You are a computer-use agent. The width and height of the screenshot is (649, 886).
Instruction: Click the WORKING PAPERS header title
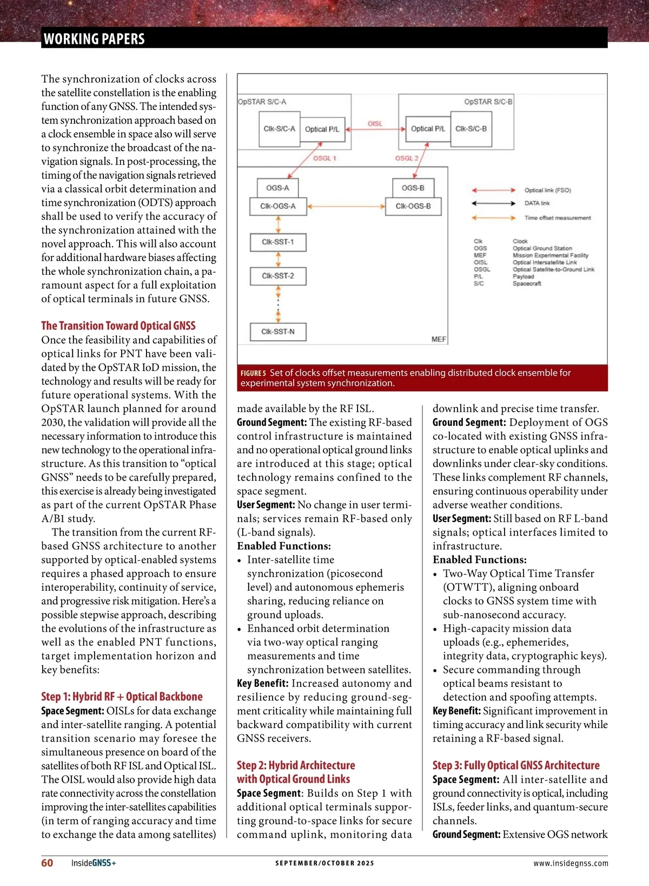tap(94, 39)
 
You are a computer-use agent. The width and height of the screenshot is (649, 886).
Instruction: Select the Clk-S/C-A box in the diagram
tap(279, 129)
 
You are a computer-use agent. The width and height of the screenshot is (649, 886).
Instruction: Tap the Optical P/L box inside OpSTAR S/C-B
tap(428, 129)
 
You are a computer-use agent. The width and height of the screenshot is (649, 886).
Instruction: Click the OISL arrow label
tap(375, 124)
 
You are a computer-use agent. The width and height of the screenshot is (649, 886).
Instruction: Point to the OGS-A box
tap(277, 188)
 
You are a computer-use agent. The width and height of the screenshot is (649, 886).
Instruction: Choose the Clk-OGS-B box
tap(413, 206)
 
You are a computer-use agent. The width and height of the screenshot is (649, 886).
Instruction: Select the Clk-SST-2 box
tap(278, 276)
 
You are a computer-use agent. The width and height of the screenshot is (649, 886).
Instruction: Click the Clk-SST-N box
tap(278, 332)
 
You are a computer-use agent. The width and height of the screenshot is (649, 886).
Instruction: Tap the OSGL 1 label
tap(325, 158)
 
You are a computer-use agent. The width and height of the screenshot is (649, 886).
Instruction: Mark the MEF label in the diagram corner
tap(439, 339)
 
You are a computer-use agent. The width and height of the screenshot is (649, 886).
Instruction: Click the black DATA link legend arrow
tap(493, 203)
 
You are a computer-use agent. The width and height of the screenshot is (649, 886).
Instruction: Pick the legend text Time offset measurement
tap(558, 218)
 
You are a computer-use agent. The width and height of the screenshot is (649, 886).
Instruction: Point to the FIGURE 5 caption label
tap(253, 373)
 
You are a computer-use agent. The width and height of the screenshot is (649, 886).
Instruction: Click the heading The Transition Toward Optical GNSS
tap(118, 326)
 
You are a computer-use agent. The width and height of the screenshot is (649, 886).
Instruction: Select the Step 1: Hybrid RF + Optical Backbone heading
tap(122, 697)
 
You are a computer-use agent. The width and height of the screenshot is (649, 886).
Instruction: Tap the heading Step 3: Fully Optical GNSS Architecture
tap(516, 765)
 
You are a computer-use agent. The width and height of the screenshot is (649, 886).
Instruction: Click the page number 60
tap(47, 863)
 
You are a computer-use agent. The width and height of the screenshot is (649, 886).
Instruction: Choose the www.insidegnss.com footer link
tap(571, 863)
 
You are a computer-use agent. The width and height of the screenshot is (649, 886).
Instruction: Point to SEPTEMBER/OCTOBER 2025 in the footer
tap(325, 863)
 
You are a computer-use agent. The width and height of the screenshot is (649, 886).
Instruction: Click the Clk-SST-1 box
tap(278, 242)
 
